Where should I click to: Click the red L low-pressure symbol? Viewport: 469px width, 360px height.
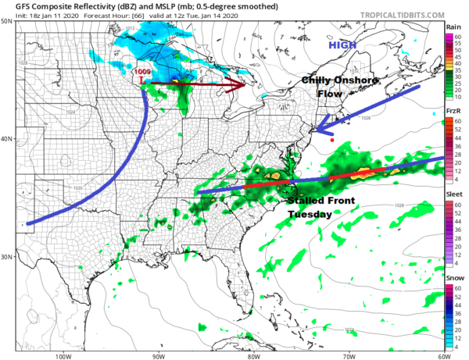pos(140,81)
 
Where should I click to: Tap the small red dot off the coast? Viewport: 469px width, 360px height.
pos(332,141)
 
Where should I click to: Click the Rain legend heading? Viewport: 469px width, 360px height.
pos(453,27)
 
